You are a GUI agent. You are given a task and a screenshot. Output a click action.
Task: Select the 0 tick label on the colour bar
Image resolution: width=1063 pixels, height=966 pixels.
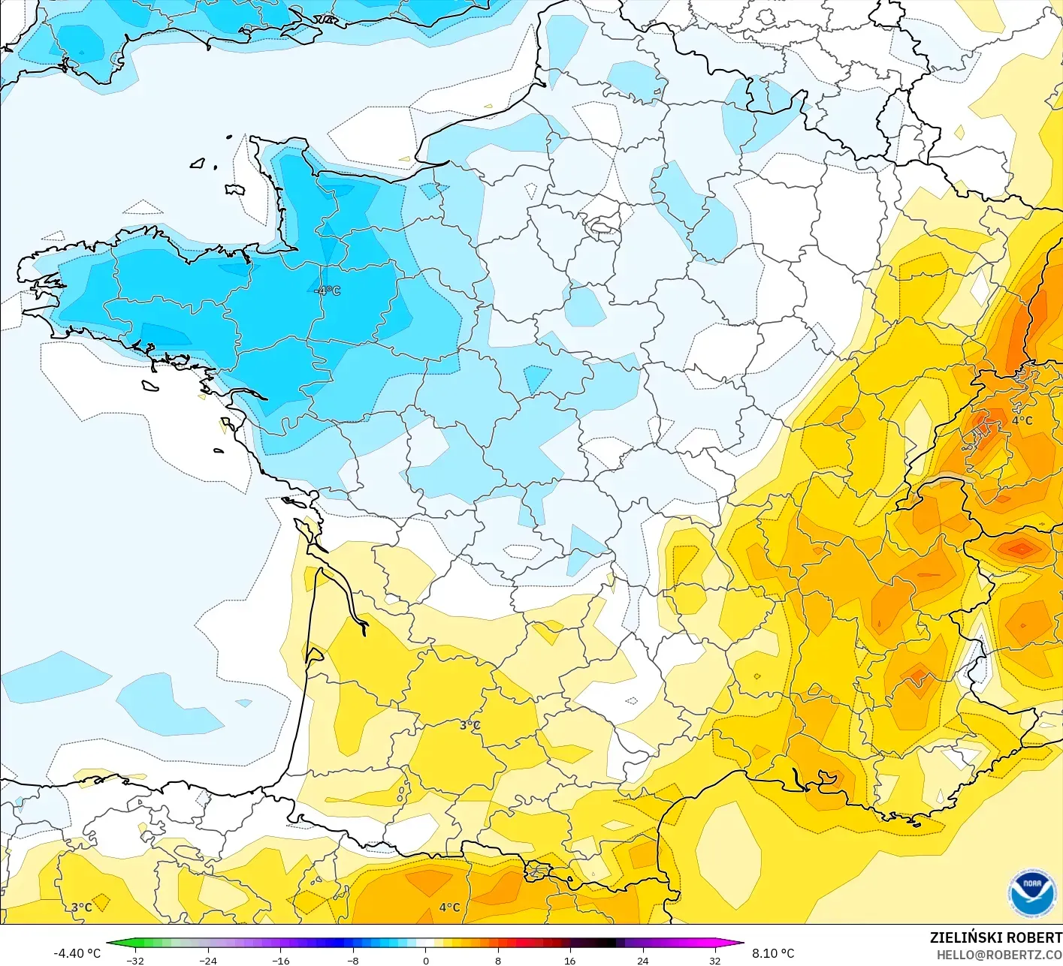426,960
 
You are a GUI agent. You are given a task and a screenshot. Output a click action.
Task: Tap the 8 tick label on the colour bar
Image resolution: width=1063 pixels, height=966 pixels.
498,960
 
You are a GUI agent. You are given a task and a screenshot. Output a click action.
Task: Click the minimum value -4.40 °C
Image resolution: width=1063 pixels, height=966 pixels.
77,953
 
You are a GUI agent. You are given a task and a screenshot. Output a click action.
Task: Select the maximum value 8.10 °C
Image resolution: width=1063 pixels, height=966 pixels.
773,953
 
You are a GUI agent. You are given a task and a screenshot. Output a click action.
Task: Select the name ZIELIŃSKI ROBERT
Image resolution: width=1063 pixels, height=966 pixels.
995,937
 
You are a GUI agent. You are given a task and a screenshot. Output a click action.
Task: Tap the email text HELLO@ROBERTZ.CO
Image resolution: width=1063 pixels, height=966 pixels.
999,954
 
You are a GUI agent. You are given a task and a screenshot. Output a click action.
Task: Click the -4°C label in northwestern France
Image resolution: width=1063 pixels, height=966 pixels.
328,290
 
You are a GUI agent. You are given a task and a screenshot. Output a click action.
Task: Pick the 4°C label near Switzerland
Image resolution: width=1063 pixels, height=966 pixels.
1022,420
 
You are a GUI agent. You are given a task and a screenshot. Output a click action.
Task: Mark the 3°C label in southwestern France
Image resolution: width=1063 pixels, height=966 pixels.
470,725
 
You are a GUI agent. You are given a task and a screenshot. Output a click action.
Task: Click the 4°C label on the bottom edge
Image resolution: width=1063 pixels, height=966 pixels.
449,907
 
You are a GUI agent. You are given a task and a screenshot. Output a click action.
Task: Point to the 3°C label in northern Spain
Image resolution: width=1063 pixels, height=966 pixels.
82,907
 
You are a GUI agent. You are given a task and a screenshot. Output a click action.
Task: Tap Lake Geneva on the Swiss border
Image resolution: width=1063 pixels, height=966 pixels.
948,479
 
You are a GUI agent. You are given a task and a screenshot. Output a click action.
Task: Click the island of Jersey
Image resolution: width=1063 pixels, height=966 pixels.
235,189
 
